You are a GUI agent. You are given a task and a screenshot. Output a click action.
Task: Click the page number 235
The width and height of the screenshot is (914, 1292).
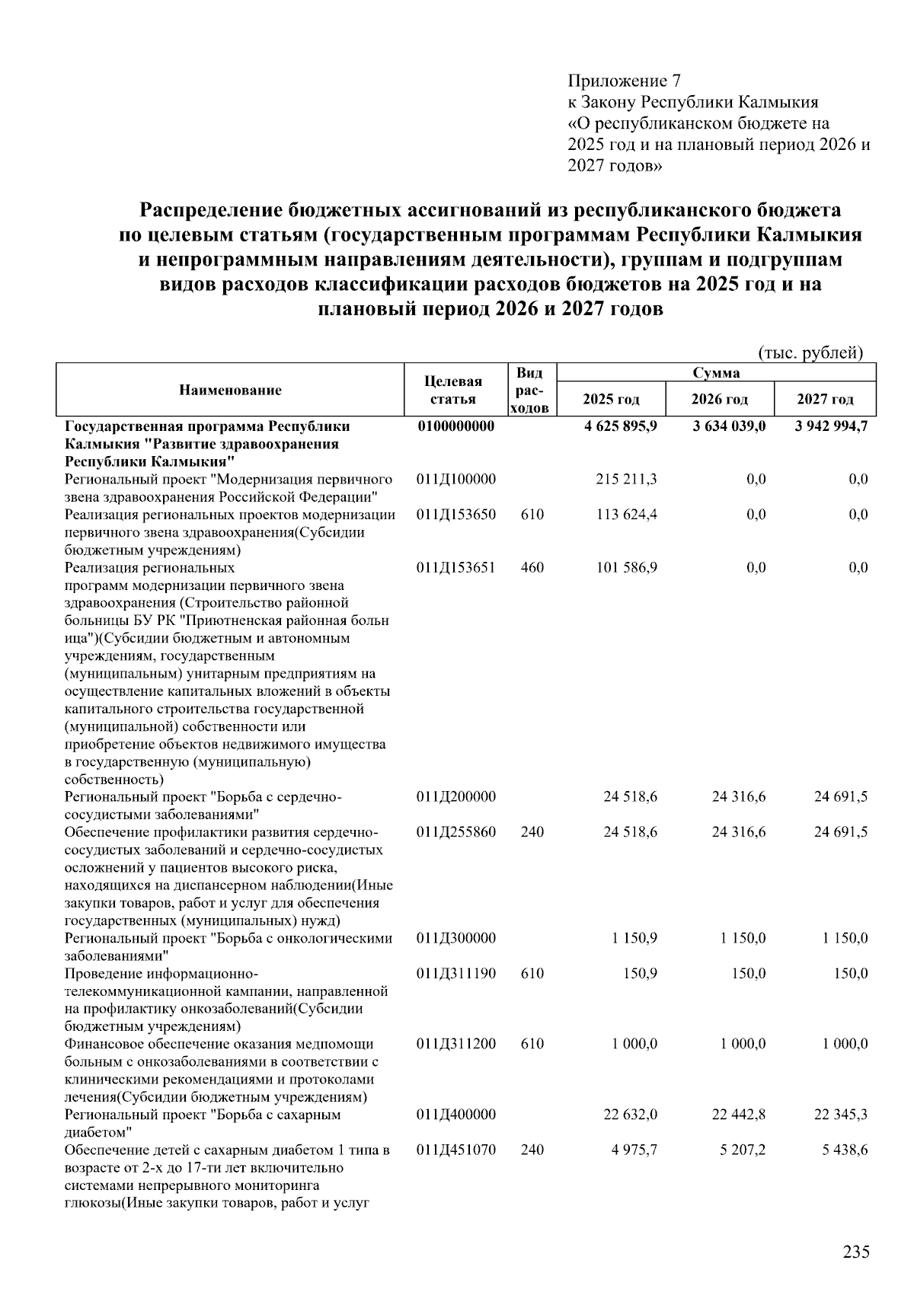(x=856, y=1252)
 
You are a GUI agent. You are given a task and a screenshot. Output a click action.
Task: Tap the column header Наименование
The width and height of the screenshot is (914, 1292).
(x=230, y=390)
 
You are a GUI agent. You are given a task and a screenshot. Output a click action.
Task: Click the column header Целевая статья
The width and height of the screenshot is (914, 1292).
(x=453, y=391)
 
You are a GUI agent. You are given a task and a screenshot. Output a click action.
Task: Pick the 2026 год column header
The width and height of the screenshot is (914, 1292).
(x=719, y=399)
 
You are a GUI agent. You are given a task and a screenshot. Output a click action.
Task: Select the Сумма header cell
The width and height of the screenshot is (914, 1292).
(x=716, y=372)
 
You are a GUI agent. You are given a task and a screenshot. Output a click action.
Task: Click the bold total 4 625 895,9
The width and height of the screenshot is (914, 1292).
(x=621, y=426)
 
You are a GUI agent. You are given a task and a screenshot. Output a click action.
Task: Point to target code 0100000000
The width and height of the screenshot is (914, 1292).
(x=455, y=426)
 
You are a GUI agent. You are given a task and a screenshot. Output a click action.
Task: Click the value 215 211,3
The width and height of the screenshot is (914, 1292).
(x=628, y=480)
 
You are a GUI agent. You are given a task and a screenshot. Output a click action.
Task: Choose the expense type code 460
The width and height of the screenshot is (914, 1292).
(x=532, y=568)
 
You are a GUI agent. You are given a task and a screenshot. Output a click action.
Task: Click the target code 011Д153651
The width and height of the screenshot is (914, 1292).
(x=455, y=568)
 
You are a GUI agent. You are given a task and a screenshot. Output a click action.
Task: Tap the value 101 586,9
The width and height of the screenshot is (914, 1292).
(x=628, y=568)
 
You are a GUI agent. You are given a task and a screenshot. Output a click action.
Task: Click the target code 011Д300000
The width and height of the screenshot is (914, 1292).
(x=455, y=938)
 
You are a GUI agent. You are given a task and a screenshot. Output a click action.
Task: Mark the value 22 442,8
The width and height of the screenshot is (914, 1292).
(x=738, y=1115)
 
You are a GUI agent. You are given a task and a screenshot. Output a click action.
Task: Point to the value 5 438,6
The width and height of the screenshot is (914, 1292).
(x=844, y=1150)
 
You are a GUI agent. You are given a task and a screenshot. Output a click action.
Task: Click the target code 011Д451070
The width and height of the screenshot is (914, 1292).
(x=455, y=1150)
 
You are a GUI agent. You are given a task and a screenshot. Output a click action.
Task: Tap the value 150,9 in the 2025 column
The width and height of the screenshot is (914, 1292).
(x=640, y=973)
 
